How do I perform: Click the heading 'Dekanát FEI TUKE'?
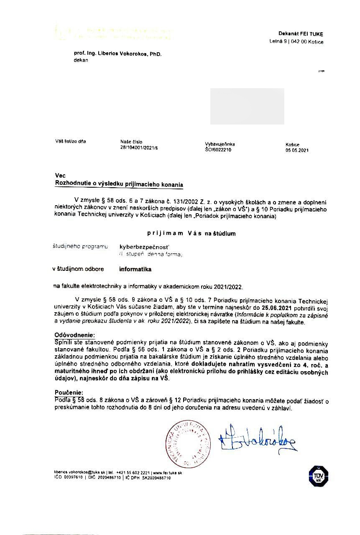click(301, 34)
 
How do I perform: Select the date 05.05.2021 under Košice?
click(297, 150)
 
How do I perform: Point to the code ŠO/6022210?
click(218, 150)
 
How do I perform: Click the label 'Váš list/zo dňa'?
click(70, 141)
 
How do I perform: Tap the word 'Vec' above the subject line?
click(60, 176)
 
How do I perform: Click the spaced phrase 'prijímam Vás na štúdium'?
click(191, 233)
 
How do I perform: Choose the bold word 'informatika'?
click(135, 270)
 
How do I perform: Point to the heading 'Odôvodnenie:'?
click(75, 336)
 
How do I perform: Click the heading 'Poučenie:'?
click(69, 393)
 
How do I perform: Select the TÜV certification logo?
click(318, 475)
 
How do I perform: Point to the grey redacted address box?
click(247, 106)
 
